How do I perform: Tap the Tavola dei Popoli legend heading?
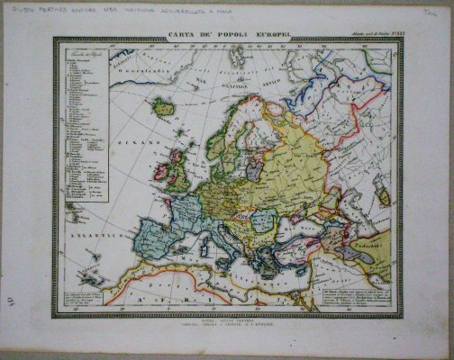click(83, 56)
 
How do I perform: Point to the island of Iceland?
click(164, 107)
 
